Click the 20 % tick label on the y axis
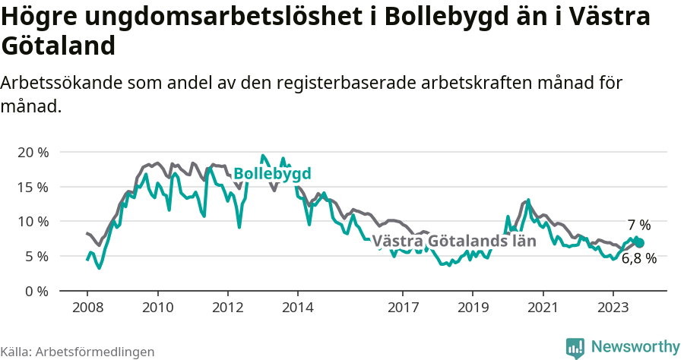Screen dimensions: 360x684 pos(32,152)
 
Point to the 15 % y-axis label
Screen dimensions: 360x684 pos(32,187)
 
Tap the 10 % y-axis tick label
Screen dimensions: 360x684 pos(32,222)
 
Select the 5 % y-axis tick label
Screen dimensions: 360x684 pos(35,256)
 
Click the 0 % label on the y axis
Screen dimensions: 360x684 pos(35,291)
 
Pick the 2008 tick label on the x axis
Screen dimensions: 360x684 pos(87,308)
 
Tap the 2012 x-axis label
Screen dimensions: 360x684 pos(227,308)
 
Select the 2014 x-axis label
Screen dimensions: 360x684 pos(297,308)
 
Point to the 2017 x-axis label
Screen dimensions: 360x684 pos(403,308)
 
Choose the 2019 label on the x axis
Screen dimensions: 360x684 pos(473,308)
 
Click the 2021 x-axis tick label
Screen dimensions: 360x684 pos(543,308)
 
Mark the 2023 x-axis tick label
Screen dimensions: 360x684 pos(613,308)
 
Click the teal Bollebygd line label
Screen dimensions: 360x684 pos(272,174)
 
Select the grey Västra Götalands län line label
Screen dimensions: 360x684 pos(454,242)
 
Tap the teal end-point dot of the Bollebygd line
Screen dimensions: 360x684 pos(639,243)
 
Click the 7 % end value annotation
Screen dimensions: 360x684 pos(639,225)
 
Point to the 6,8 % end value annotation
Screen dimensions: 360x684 pos(638,258)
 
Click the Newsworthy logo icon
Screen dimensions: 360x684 pos(575,348)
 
